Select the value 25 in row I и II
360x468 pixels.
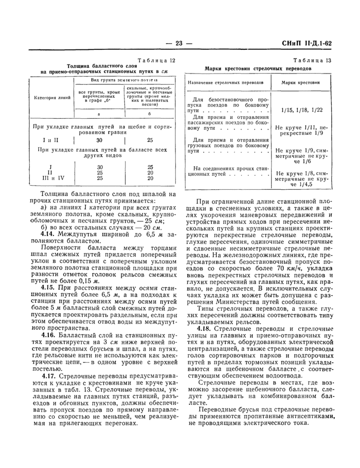pyautogui.click(x=150, y=140)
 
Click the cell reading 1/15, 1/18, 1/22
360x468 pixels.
pyautogui.click(x=299, y=110)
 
